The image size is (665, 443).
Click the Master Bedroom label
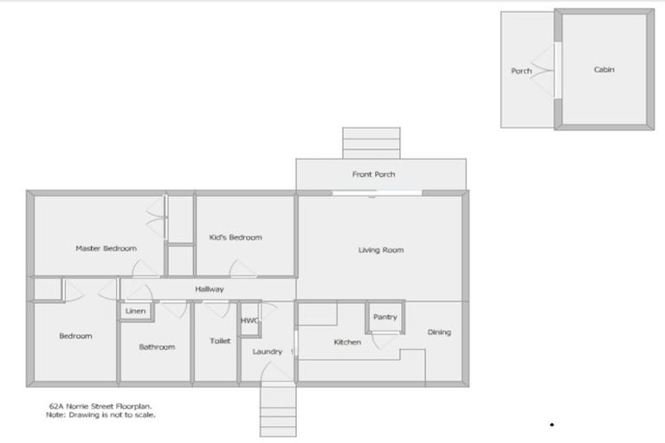[106, 248]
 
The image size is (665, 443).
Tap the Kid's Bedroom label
[236, 237]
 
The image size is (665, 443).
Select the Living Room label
[381, 250]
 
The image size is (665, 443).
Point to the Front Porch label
[374, 175]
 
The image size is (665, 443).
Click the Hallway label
[210, 289]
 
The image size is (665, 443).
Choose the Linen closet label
[135, 311]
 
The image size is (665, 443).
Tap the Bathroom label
[157, 347]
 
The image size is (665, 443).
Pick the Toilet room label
[220, 341]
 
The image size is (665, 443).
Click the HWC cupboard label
[249, 320]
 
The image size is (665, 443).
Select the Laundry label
[268, 351]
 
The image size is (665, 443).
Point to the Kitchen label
[347, 342]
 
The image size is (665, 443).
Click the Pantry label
[385, 317]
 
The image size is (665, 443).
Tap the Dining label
[439, 331]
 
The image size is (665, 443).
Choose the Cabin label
[604, 69]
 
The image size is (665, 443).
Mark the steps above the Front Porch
[371, 143]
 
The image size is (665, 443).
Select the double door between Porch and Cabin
[547, 69]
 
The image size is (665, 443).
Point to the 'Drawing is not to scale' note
[100, 414]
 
